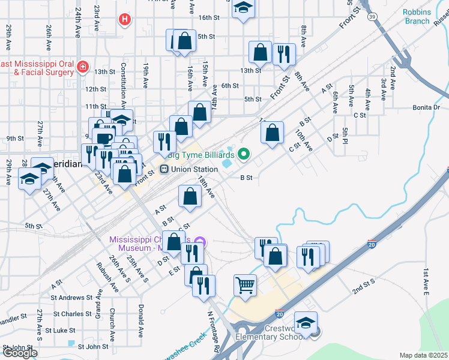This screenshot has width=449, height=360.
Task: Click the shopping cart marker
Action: (x=245, y=286)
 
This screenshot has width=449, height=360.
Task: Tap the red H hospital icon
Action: (x=124, y=20)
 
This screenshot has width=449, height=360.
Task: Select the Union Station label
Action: (x=194, y=169)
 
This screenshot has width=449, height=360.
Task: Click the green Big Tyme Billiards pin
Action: (x=243, y=154)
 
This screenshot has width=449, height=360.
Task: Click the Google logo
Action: (x=19, y=353)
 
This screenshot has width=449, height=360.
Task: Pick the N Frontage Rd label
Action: (x=214, y=331)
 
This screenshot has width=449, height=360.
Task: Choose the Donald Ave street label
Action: (x=140, y=321)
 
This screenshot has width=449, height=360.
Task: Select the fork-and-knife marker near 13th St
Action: (x=284, y=54)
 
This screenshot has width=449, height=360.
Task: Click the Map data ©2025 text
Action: (x=423, y=355)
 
